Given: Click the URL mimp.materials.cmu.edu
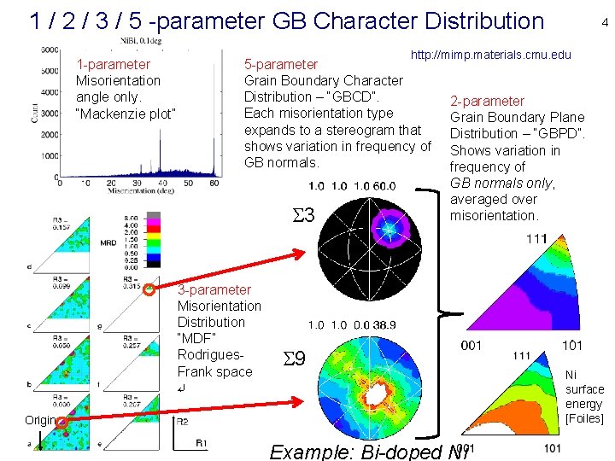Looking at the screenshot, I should click(x=490, y=55).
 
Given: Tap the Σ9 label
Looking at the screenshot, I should click(x=294, y=361).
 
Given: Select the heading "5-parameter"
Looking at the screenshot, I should click(x=281, y=64).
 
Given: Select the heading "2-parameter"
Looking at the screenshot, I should click(x=487, y=102).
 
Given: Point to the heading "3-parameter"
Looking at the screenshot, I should click(x=214, y=290).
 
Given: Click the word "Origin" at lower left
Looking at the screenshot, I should click(x=39, y=420).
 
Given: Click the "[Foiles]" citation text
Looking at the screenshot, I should click(x=584, y=418).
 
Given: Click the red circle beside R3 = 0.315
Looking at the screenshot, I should click(x=149, y=289).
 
